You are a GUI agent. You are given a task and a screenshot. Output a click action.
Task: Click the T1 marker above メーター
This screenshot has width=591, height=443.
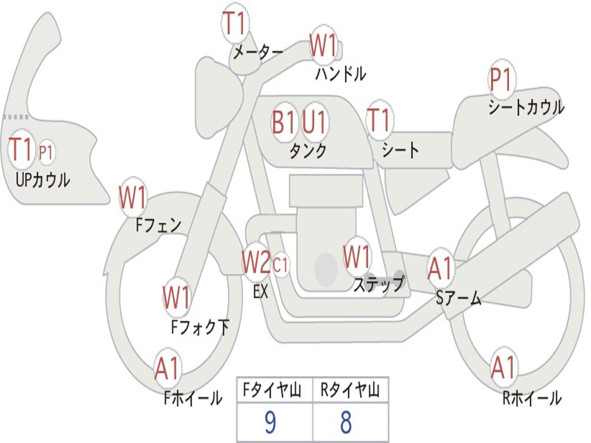(235, 24)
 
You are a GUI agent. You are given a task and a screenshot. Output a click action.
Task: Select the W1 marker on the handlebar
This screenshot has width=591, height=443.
(323, 46)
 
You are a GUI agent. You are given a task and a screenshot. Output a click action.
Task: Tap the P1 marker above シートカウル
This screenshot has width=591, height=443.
(502, 80)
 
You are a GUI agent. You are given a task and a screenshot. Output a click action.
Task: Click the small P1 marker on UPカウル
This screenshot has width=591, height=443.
(46, 152)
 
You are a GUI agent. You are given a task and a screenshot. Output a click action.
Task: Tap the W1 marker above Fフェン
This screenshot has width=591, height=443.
(133, 198)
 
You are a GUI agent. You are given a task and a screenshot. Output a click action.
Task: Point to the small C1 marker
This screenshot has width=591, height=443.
(280, 265)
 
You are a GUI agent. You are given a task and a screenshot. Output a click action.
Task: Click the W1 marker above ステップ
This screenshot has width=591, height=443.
(357, 257)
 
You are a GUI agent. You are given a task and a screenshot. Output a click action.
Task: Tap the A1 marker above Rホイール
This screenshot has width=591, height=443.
(504, 367)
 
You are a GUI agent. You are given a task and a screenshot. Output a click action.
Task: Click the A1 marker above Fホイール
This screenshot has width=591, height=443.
(167, 369)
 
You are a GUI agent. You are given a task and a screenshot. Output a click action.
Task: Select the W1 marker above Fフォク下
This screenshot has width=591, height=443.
(176, 298)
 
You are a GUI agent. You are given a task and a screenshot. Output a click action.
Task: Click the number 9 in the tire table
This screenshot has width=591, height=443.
(270, 423)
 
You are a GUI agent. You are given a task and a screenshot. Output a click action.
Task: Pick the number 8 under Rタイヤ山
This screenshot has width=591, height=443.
(346, 423)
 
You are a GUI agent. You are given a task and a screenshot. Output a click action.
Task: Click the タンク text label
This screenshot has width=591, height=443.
(308, 151)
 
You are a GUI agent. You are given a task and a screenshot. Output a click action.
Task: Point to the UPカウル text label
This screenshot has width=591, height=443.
(43, 181)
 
